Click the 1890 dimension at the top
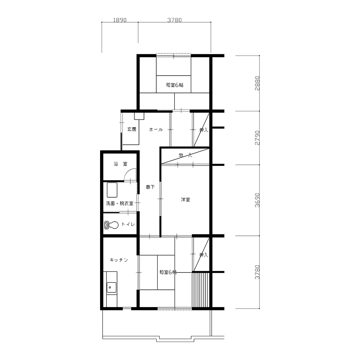point(120,20)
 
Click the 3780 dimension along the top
point(175,20)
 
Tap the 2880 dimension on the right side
point(257,83)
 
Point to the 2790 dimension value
point(257,138)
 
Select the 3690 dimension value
point(257,200)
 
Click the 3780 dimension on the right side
point(257,272)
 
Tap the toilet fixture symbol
point(111,225)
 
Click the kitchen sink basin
point(111,287)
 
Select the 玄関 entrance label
point(132,129)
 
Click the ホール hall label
point(156,130)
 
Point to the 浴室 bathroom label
point(120,164)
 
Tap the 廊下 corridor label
point(150,187)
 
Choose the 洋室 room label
point(185,200)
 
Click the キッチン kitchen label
point(119,260)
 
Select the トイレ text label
point(128,224)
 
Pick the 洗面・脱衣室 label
point(120,203)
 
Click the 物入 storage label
point(185,156)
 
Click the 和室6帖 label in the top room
point(175,85)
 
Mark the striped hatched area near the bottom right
point(201,290)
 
